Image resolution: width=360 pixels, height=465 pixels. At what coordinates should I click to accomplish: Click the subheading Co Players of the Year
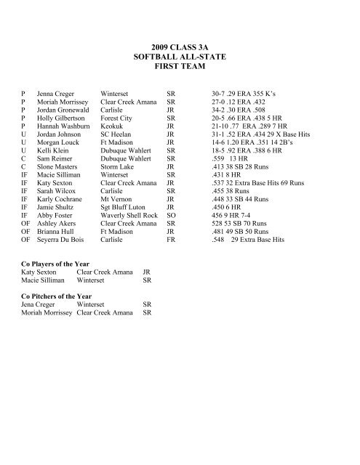point(52,268)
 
